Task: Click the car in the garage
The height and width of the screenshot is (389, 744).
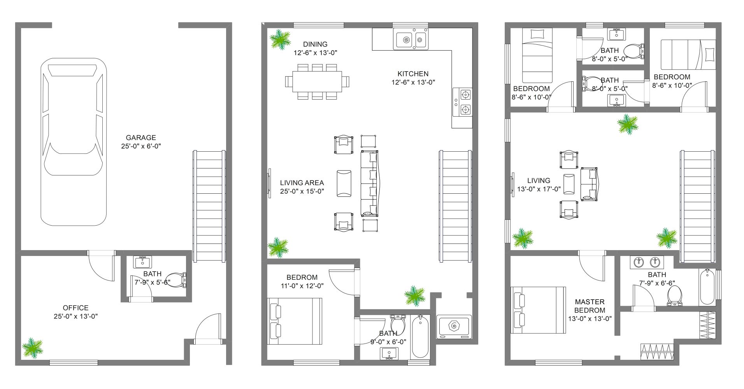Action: click(74, 142)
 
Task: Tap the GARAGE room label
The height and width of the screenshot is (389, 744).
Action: click(141, 137)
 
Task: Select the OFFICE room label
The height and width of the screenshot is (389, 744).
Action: click(75, 308)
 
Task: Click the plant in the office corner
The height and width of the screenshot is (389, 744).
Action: click(32, 348)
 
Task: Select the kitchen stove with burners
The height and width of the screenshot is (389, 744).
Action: click(462, 102)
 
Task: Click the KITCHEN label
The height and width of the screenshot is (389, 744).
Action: click(413, 74)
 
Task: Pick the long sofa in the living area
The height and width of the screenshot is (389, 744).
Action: click(370, 183)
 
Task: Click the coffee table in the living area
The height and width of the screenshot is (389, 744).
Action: click(344, 183)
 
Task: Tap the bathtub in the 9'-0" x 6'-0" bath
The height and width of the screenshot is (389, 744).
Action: click(420, 337)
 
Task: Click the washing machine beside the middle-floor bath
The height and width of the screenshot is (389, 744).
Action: click(454, 326)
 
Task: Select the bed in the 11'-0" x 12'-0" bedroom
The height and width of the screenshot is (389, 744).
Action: click(295, 321)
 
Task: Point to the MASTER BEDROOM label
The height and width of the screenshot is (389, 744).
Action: click(590, 306)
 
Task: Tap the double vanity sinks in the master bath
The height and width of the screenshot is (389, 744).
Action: click(647, 263)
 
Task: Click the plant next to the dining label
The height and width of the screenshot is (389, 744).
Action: click(280, 40)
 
